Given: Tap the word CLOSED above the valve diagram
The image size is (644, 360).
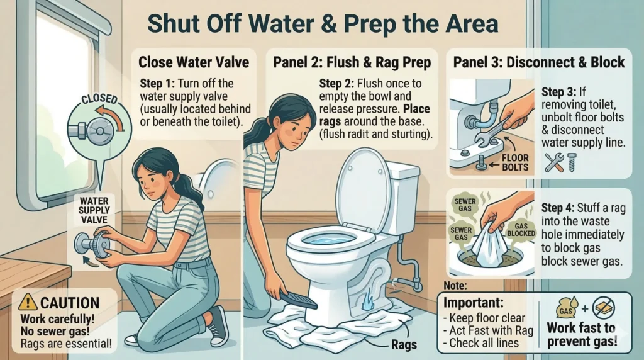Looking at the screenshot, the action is tap(99, 99).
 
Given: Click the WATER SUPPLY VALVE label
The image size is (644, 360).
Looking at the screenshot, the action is tap(94, 210).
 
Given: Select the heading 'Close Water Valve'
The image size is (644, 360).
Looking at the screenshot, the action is tap(194, 62).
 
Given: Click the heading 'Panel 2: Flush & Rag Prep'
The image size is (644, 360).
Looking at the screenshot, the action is tap(352, 62).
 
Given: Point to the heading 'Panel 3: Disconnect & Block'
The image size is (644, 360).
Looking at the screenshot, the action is tap(539, 62).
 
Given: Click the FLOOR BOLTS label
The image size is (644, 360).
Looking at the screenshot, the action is tap(515, 162).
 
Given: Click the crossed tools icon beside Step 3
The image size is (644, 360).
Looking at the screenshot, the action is tap(553, 162).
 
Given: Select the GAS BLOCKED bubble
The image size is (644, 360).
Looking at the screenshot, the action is tap(521, 230).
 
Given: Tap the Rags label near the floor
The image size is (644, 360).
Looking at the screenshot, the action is tap(404, 344).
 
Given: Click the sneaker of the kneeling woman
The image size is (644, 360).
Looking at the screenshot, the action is tap(218, 325).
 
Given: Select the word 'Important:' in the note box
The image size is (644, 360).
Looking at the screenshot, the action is tap(474, 303).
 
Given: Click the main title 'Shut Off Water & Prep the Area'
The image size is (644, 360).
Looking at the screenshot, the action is tap(323, 24).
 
